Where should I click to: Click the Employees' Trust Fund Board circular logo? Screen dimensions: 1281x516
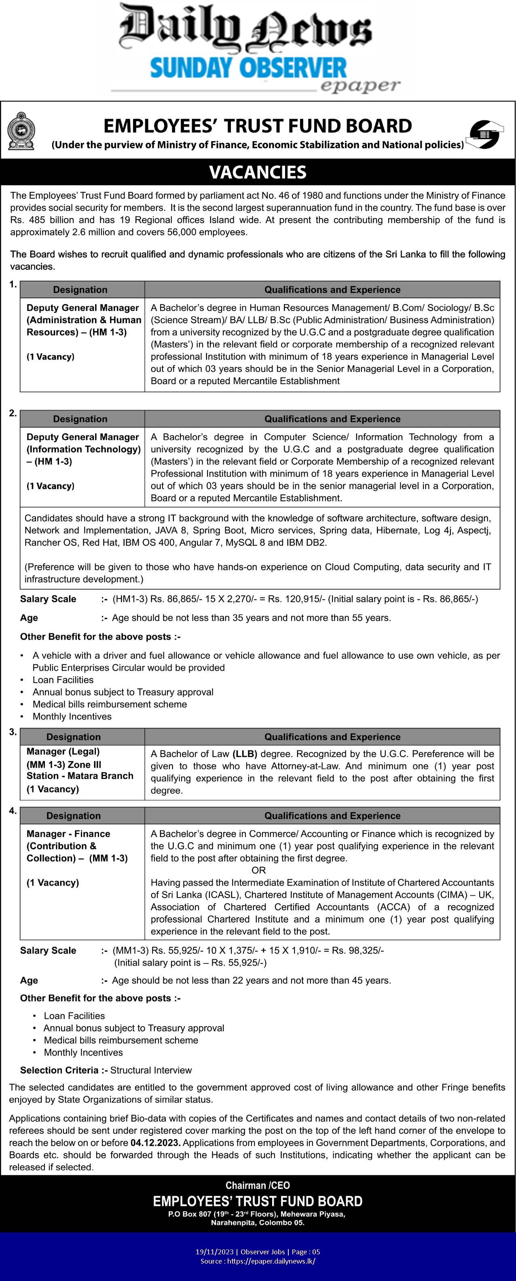coord(485,134)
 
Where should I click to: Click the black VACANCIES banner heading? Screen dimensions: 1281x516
coord(258,172)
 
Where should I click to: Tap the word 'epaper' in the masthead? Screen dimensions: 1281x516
coord(360,85)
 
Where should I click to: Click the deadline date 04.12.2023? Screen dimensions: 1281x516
coord(156,1143)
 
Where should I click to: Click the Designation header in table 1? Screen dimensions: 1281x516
coord(80,290)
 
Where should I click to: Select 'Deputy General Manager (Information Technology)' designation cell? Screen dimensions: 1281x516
coord(83,443)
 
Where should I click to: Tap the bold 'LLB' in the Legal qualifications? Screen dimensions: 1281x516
coord(245,754)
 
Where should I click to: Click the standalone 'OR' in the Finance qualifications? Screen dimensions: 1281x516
coord(258,870)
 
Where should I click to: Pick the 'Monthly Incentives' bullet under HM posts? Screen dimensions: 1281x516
coord(72,716)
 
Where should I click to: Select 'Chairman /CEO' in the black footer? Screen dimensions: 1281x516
coord(258,1186)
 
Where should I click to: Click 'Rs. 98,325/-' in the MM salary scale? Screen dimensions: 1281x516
coord(358,950)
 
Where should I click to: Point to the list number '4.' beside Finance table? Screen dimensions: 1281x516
coord(13,811)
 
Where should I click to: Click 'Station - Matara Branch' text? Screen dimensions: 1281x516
coord(80,776)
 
